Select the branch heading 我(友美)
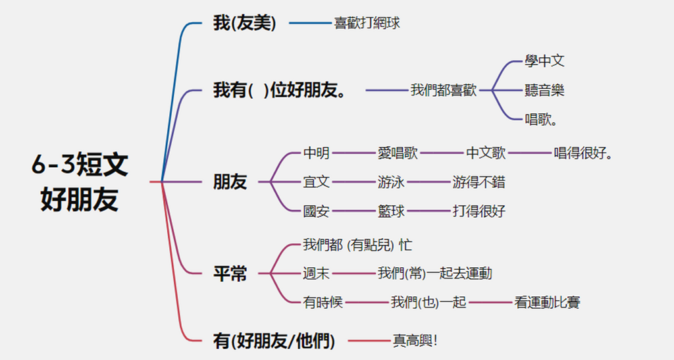[x=244, y=24]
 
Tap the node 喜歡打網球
[x=367, y=24]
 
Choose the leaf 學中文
[x=544, y=61]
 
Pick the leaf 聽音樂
[x=544, y=90]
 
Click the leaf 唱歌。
[x=542, y=119]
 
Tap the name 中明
[x=316, y=153]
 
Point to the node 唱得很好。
[x=584, y=153]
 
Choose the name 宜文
[x=316, y=182]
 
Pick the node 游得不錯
[x=479, y=182]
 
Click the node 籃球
[x=391, y=211]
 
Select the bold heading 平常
[x=230, y=274]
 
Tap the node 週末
[x=316, y=273]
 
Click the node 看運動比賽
[x=547, y=302]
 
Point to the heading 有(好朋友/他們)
[x=274, y=341]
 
